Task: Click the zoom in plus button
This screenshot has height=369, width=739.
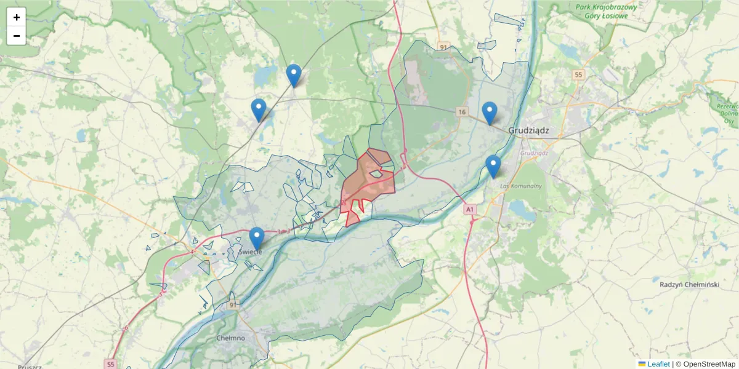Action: click(17, 17)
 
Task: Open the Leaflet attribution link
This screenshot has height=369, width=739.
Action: click(658, 364)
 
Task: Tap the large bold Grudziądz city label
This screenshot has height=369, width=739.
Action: click(528, 130)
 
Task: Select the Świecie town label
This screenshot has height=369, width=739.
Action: click(250, 252)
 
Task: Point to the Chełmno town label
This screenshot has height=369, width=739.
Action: click(231, 338)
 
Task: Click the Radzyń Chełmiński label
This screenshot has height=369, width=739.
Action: click(689, 284)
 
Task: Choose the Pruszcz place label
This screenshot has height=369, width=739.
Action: click(29, 367)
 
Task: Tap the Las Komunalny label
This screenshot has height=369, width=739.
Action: click(520, 186)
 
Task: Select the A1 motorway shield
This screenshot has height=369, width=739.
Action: click(470, 210)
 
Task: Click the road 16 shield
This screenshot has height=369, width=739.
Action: click(462, 111)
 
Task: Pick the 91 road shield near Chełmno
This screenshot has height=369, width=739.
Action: click(232, 305)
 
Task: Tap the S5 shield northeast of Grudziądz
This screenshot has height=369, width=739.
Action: click(578, 75)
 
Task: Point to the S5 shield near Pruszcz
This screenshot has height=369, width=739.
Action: click(110, 363)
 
